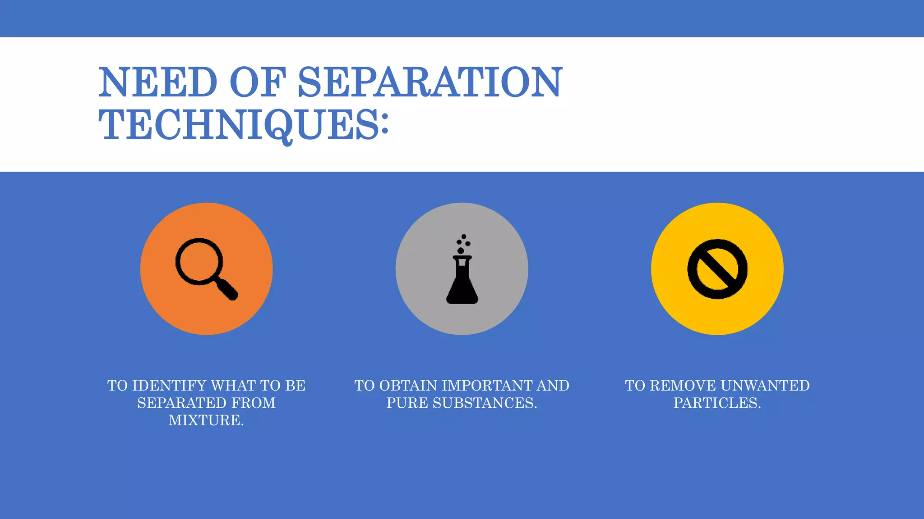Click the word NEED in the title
pyautogui.click(x=158, y=82)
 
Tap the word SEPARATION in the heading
pyautogui.click(x=430, y=82)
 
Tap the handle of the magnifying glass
pyautogui.click(x=227, y=290)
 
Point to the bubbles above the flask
pyautogui.click(x=463, y=244)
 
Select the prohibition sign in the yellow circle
pyautogui.click(x=717, y=269)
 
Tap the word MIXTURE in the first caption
pyautogui.click(x=205, y=420)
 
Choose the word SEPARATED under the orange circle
pyautogui.click(x=177, y=403)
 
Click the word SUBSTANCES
pyautogui.click(x=485, y=403)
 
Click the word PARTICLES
pyautogui.click(x=717, y=403)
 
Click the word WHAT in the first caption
pyautogui.click(x=233, y=386)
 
